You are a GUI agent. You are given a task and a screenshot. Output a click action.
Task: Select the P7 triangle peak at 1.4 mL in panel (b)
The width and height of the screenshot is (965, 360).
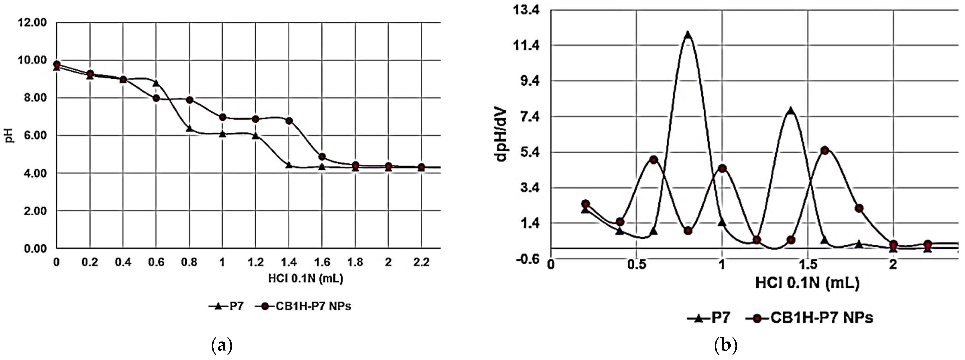(790, 111)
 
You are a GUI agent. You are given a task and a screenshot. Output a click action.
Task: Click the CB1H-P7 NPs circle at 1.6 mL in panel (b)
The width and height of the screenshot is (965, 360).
(824, 151)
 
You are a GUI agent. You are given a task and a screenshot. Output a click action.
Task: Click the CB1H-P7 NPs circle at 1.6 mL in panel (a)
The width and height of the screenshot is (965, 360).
(322, 157)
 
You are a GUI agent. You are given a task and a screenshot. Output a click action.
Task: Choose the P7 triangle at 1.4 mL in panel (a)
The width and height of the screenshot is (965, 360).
(289, 165)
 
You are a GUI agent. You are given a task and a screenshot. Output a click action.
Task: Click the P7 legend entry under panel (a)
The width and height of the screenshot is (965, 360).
(227, 306)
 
